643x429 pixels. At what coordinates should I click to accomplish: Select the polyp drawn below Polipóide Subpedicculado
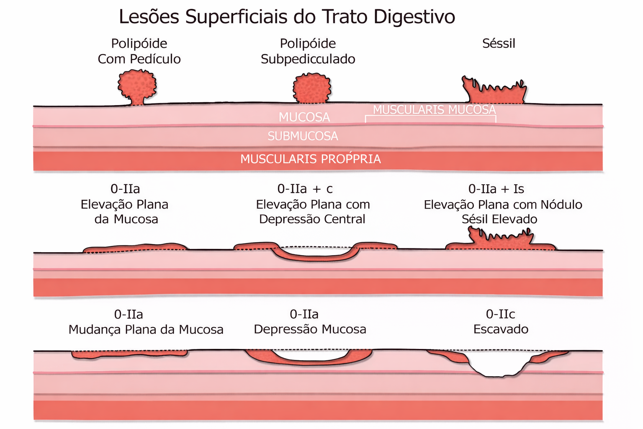(311, 88)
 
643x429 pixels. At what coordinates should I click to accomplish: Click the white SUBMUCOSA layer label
(303, 136)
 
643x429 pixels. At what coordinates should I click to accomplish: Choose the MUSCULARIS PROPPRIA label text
(310, 159)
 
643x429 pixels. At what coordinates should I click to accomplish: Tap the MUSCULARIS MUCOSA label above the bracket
(434, 110)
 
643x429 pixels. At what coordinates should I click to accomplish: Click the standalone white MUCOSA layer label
(304, 117)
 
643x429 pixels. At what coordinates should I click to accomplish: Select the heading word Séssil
(499, 44)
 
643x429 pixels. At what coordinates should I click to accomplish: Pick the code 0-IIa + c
(305, 189)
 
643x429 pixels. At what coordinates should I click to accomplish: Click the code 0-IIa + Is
(496, 189)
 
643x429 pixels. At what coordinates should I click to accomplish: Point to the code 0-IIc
(500, 314)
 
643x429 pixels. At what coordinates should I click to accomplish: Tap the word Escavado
(501, 329)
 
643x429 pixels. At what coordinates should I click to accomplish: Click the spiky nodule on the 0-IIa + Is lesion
(501, 238)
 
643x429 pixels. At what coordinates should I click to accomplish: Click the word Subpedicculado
(308, 59)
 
